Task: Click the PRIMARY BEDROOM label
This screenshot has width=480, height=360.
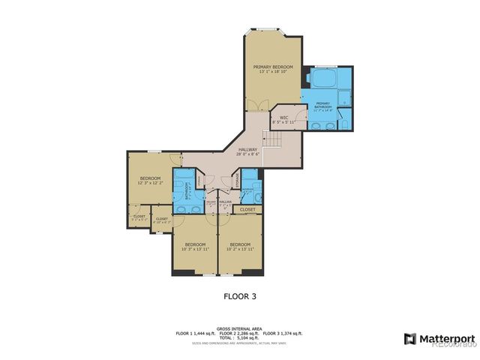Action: click(x=273, y=67)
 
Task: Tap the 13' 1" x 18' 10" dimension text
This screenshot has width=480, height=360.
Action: click(x=273, y=72)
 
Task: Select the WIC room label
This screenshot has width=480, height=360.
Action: click(x=283, y=117)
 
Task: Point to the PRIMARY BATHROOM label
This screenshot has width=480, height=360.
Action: click(x=322, y=104)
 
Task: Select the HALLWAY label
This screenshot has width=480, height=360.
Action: click(x=248, y=149)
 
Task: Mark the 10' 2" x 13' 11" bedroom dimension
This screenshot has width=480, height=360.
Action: click(x=239, y=249)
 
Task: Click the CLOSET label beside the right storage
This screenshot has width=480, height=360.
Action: click(x=248, y=210)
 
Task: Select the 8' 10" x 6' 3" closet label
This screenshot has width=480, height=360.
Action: click(x=162, y=220)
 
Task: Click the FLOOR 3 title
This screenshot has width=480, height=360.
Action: click(x=240, y=296)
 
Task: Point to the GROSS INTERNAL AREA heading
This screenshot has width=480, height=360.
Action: click(x=239, y=328)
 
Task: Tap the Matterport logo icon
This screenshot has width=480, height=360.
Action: click(x=410, y=338)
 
